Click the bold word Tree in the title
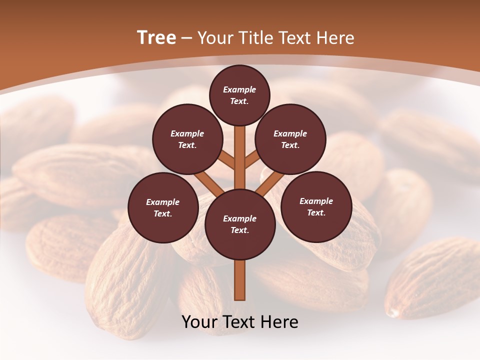pos(156,38)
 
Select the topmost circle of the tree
pos(239,95)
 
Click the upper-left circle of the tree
pos(187,139)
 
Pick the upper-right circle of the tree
pos(290,139)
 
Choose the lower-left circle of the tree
pos(163,208)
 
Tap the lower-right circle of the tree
pos(316,207)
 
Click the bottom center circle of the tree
pos(240,224)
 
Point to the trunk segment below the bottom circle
pos(240,280)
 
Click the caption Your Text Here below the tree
pos(240,322)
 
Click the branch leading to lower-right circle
pos(269,183)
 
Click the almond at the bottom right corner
pos(435,280)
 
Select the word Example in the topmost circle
pos(239,90)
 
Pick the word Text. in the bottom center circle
pos(239,230)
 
